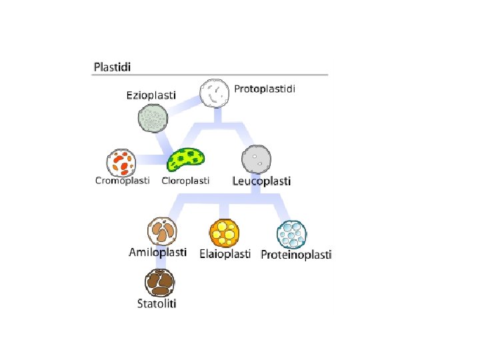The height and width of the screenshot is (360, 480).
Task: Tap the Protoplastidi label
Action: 265,89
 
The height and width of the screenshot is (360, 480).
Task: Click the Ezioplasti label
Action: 151,95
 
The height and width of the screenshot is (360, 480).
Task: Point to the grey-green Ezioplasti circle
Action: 153,120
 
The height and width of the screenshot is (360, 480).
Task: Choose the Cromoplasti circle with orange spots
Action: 122,162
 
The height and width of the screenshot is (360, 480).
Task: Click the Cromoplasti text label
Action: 123,181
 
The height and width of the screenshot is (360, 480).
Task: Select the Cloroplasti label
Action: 186,181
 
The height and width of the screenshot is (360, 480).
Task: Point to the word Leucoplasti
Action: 261,181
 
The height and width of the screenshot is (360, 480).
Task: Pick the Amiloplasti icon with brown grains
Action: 162,231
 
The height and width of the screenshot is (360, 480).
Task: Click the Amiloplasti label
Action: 157,253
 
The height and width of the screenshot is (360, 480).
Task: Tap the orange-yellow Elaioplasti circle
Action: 224,233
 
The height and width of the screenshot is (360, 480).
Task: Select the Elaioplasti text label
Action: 225,254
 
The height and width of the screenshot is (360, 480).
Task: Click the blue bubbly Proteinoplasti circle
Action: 293,234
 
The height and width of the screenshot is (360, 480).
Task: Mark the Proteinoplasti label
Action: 296,254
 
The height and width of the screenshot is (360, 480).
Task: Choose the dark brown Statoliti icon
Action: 160,283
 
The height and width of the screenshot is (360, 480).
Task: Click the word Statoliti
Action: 157,305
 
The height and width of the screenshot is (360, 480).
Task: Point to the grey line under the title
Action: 211,74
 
